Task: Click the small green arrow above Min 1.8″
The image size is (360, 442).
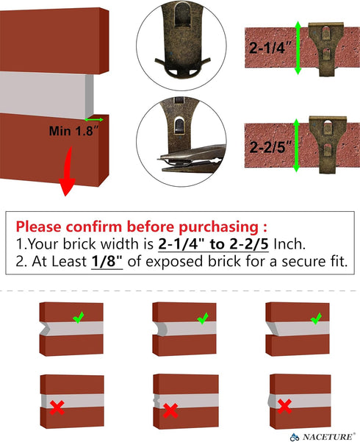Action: click(x=93, y=118)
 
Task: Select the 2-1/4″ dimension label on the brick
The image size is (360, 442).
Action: click(x=270, y=49)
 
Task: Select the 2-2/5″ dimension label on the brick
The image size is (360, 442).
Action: click(x=270, y=146)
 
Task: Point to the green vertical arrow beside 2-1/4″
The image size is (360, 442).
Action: click(x=297, y=48)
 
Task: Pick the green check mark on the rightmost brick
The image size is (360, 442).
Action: click(x=315, y=318)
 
